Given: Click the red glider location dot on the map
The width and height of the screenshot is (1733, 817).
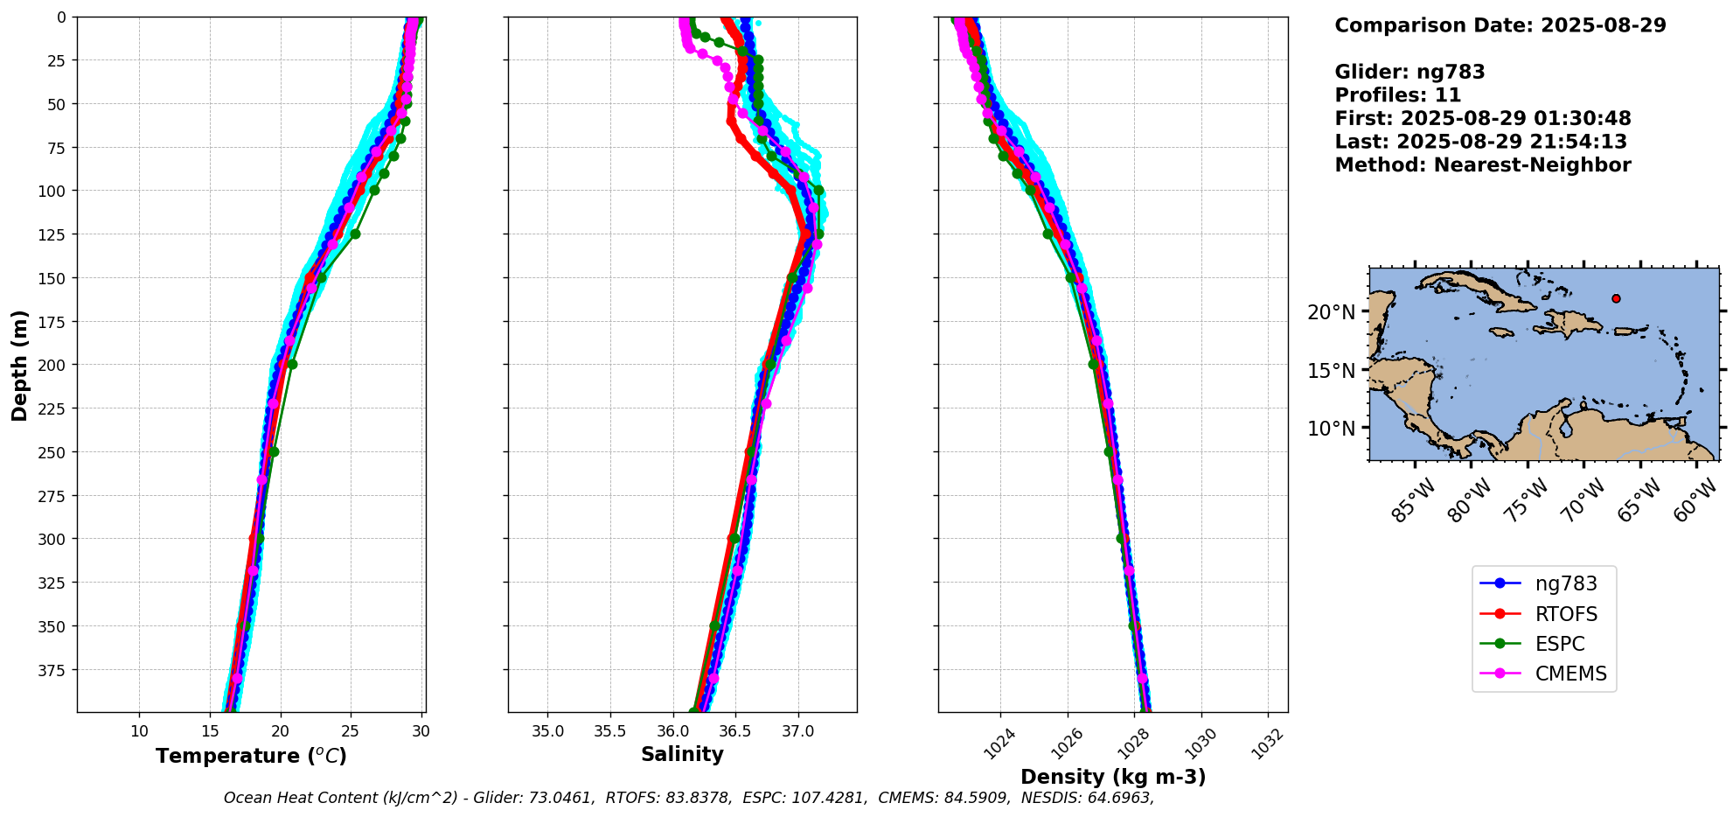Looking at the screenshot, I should click(1616, 298).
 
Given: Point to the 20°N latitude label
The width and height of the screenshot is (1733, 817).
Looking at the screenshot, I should click(1331, 312).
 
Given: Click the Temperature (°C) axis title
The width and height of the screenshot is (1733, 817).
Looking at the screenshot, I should click(251, 756).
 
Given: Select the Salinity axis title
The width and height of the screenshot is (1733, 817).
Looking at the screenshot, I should click(682, 755).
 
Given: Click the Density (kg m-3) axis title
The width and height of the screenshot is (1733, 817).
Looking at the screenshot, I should click(1113, 777).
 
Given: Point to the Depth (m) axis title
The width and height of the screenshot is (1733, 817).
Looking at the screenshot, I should click(19, 365).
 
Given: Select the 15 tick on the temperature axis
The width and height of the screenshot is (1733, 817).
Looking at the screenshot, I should click(210, 731).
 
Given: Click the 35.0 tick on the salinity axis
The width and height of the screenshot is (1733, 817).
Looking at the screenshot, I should click(547, 731).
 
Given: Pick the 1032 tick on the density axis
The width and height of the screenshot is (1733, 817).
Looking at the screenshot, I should click(1268, 744).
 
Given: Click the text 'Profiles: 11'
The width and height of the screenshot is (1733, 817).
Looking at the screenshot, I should click(1397, 95).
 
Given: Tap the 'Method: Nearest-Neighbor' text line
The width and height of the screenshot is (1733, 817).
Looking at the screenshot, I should click(1482, 165).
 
